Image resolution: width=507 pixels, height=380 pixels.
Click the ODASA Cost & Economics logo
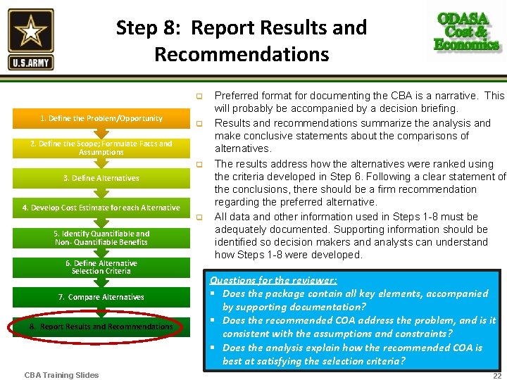coord(466,32)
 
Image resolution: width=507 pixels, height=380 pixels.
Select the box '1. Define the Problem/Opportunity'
coord(101,118)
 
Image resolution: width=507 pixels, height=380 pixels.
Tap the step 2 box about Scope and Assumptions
coord(101,148)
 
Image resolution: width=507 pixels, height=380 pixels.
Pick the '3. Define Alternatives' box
coord(101,178)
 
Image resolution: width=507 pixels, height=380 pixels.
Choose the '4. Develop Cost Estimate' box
coord(101,208)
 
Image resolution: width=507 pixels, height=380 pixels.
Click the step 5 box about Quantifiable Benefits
coord(101,238)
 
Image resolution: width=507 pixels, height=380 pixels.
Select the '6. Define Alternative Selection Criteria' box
coord(101,267)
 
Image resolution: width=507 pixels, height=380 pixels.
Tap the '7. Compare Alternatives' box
coord(101,297)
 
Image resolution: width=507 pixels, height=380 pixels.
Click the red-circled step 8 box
coord(101,327)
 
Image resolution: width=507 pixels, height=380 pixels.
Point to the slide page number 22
coord(497,375)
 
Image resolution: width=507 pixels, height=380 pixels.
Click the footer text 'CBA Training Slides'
coord(61,375)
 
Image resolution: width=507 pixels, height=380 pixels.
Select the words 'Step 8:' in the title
coord(149,28)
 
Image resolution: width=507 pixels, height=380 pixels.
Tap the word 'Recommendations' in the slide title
coord(242,54)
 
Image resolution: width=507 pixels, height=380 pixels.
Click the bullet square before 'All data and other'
coord(199,217)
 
